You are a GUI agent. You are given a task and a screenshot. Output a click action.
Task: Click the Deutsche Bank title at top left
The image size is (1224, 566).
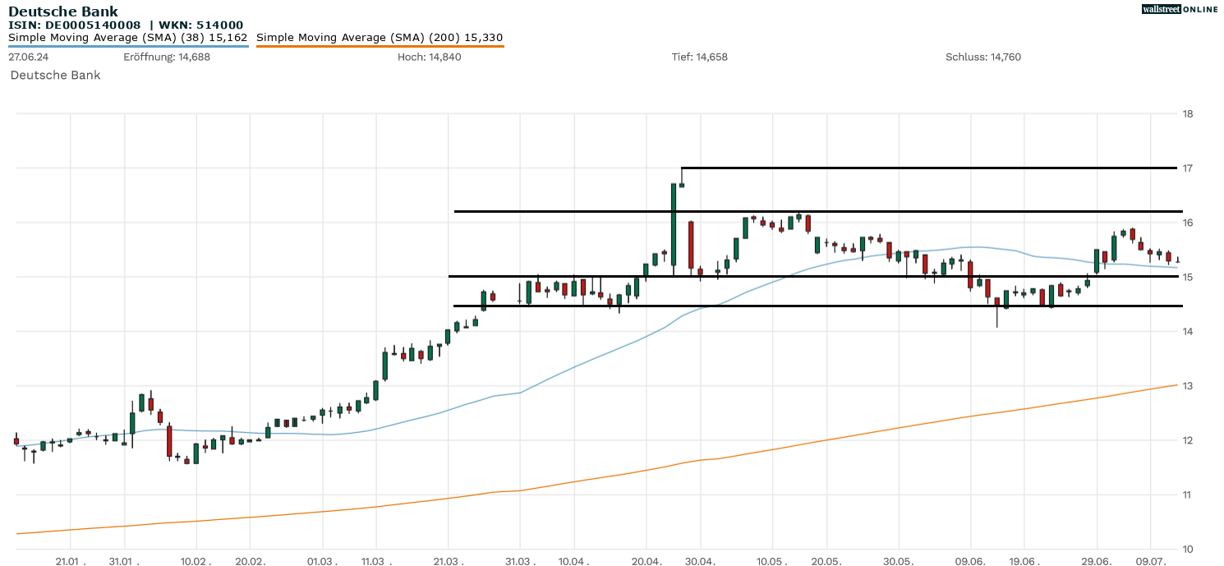63,12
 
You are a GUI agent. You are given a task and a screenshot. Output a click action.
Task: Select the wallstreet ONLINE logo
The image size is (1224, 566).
1180,9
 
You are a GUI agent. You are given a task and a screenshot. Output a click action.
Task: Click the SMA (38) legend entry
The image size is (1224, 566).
128,38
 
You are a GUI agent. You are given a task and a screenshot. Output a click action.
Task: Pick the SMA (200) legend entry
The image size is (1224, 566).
380,38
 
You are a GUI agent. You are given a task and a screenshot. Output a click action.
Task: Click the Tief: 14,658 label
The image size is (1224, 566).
699,57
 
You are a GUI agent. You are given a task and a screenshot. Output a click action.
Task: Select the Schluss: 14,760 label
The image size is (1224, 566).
983,57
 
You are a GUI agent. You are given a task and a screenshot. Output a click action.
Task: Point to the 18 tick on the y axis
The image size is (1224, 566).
1186,113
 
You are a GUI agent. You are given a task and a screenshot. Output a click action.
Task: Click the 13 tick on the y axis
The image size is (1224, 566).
1186,386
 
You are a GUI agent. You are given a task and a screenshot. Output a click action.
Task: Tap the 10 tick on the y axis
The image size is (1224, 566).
1186,549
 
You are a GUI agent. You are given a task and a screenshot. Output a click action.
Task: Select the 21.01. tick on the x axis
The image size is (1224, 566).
71,561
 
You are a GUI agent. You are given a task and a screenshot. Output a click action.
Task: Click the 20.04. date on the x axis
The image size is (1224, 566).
647,561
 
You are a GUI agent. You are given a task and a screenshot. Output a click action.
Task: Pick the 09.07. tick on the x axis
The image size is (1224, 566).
1151,561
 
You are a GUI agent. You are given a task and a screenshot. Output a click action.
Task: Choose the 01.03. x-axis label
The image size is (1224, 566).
322,561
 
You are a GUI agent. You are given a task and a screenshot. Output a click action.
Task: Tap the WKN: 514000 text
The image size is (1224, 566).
201,25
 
